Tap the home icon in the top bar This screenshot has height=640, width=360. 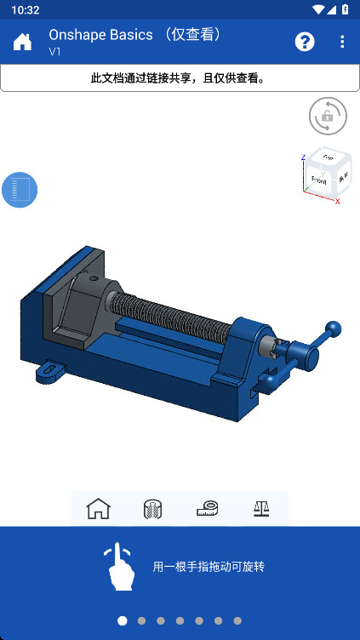[x=22, y=43]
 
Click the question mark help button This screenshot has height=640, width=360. [x=305, y=43]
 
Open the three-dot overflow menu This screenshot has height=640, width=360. [x=342, y=43]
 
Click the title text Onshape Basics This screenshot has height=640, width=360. [x=100, y=35]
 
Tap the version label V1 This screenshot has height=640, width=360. [x=55, y=52]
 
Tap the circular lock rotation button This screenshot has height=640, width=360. [x=328, y=117]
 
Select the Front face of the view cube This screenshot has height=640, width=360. [x=319, y=180]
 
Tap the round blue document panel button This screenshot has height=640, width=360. [x=20, y=190]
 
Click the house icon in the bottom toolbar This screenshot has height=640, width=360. [x=99, y=509]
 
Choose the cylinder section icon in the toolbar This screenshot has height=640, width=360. [x=153, y=509]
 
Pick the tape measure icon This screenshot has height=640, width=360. [x=208, y=509]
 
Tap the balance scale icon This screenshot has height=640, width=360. [x=261, y=509]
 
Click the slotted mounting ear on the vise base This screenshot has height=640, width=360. [x=50, y=370]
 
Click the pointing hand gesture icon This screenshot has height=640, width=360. [x=120, y=567]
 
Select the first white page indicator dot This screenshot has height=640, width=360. [x=123, y=621]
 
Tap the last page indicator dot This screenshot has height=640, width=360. [x=237, y=621]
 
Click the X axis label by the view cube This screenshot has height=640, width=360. [x=338, y=202]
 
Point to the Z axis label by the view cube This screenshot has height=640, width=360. [x=303, y=157]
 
